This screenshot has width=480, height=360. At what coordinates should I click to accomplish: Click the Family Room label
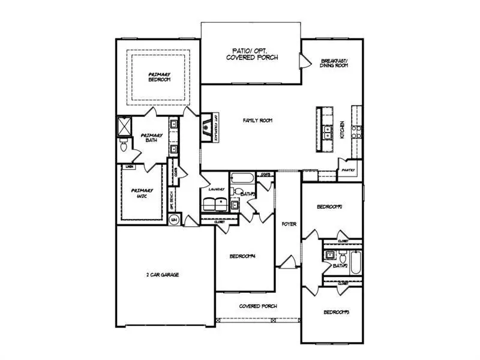(x=258, y=121)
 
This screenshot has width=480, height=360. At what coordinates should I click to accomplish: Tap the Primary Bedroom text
(x=160, y=77)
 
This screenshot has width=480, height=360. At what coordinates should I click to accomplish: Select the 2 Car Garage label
(x=163, y=275)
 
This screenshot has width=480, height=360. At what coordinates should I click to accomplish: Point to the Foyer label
(x=289, y=224)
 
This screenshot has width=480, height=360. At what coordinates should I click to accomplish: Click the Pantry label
(x=348, y=170)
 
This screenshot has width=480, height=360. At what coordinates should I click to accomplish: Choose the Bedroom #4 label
(x=243, y=257)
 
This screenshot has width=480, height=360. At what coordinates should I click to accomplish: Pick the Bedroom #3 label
(x=337, y=313)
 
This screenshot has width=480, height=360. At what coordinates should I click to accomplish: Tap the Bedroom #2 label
(x=329, y=207)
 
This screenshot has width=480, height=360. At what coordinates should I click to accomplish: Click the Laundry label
(x=216, y=190)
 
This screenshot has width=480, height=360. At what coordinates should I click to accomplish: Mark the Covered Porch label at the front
(x=258, y=306)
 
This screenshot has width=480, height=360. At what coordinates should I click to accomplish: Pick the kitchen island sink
(x=328, y=132)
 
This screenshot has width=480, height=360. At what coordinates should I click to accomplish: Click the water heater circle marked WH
(x=173, y=221)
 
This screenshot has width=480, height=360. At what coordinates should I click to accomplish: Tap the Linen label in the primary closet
(x=128, y=166)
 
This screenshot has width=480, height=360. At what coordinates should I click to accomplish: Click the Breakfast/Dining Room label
(x=335, y=64)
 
